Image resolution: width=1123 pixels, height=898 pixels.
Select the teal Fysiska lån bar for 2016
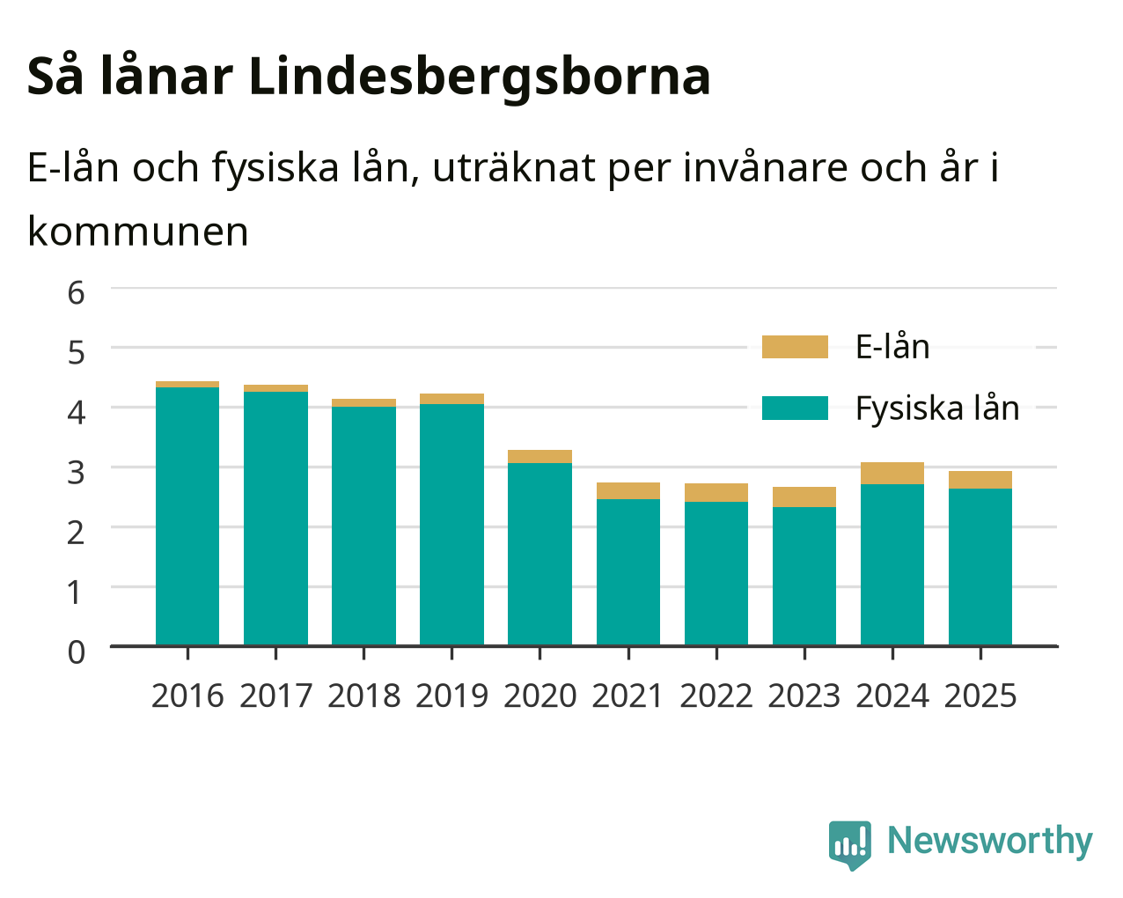187,516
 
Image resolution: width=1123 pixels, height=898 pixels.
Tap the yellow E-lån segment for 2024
892,473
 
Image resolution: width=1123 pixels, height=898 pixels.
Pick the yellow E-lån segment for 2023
804,497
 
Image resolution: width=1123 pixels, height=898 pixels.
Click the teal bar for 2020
539,554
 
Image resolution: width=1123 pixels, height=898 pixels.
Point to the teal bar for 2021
628,572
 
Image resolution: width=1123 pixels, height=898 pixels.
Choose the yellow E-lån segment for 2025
980,480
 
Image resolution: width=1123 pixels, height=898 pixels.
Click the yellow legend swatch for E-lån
795,347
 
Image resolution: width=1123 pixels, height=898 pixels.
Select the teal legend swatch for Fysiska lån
795,408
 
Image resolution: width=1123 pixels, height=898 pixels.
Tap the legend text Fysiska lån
937,409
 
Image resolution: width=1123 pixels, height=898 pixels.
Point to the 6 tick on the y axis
77,293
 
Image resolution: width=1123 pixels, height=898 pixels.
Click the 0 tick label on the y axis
77,652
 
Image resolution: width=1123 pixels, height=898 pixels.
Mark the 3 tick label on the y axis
77,473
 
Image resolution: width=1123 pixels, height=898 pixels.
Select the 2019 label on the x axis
451,696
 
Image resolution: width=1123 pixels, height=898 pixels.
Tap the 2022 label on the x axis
716,696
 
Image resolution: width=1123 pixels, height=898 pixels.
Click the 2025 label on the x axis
980,696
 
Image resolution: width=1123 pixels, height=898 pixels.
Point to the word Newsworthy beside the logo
990,841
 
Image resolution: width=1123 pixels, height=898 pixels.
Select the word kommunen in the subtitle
138,232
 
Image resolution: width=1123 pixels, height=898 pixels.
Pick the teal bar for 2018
363,526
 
